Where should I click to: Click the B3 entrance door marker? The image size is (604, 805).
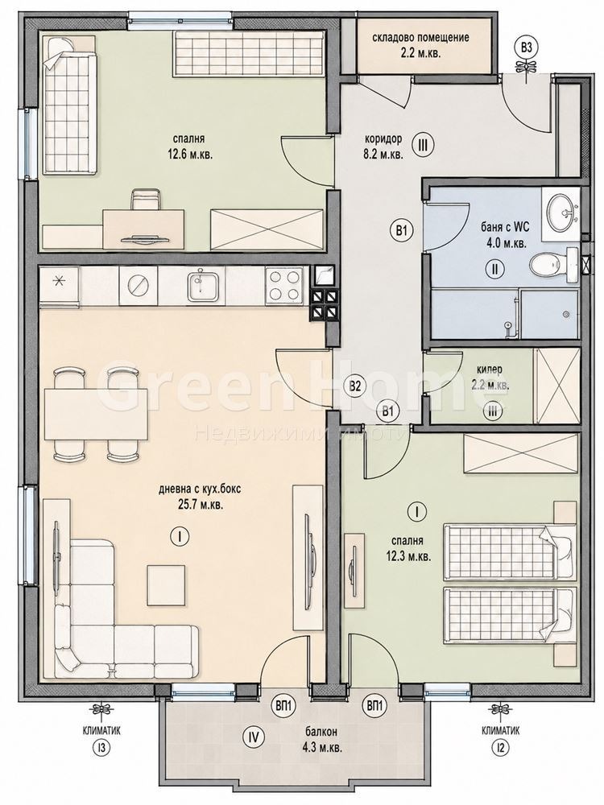pos(526,49)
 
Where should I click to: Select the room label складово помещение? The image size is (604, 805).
pos(420,38)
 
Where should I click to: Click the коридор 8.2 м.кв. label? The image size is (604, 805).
pos(383,146)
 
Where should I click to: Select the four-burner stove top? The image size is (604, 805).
pos(283,286)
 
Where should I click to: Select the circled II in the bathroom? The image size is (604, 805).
pos(495,269)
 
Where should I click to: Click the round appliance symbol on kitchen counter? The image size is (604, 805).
pos(139,286)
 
